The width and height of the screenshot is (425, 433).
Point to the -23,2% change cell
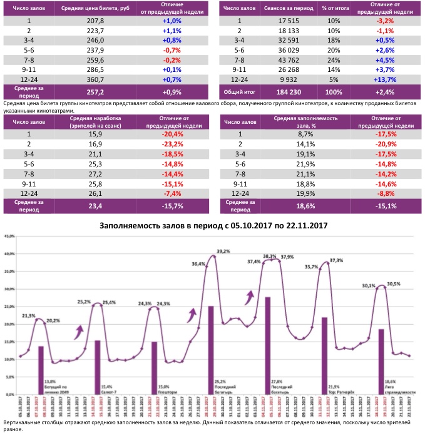click(176, 143)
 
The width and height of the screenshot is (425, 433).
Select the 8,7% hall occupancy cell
click(305, 133)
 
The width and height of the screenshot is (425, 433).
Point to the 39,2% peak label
click(223, 251)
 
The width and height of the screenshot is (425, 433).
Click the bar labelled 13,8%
click(41, 369)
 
